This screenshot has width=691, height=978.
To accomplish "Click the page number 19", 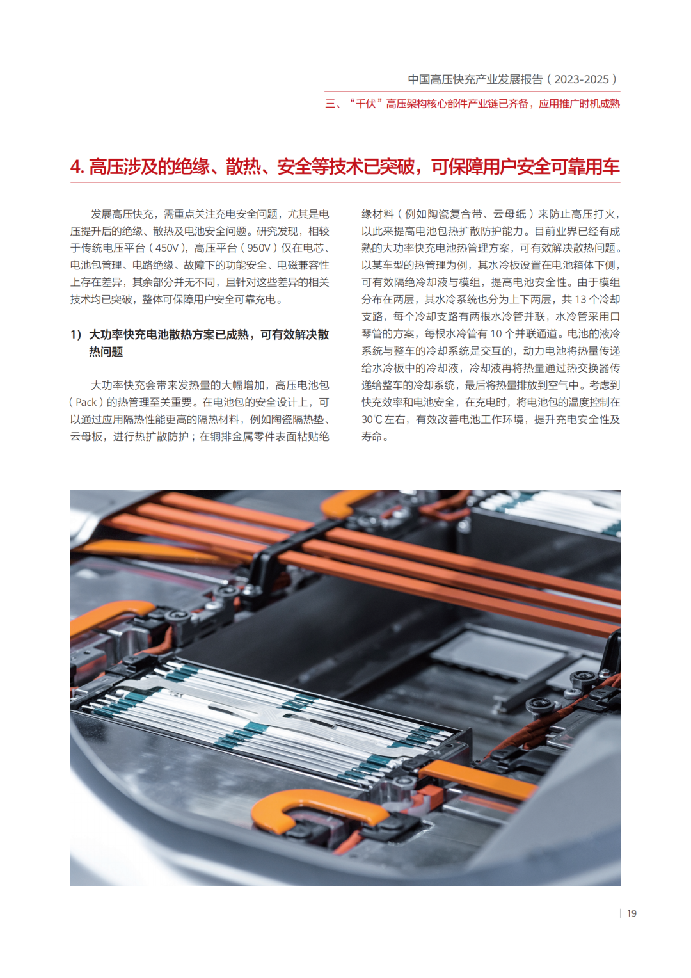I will coord(631,913).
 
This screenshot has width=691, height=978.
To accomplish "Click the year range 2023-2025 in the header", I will coord(582,79).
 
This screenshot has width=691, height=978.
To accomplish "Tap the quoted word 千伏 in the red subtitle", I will coord(365,104).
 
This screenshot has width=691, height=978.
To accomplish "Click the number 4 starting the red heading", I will coord(75,167).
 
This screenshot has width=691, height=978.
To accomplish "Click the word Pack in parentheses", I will coord(86,403).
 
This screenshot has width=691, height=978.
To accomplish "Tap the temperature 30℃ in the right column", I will coord(372,420).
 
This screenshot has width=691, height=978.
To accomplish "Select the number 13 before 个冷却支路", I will coord(580,300).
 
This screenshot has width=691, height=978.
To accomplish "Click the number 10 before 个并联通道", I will coord(496,334).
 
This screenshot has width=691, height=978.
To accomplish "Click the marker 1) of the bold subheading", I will coord(76,335).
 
